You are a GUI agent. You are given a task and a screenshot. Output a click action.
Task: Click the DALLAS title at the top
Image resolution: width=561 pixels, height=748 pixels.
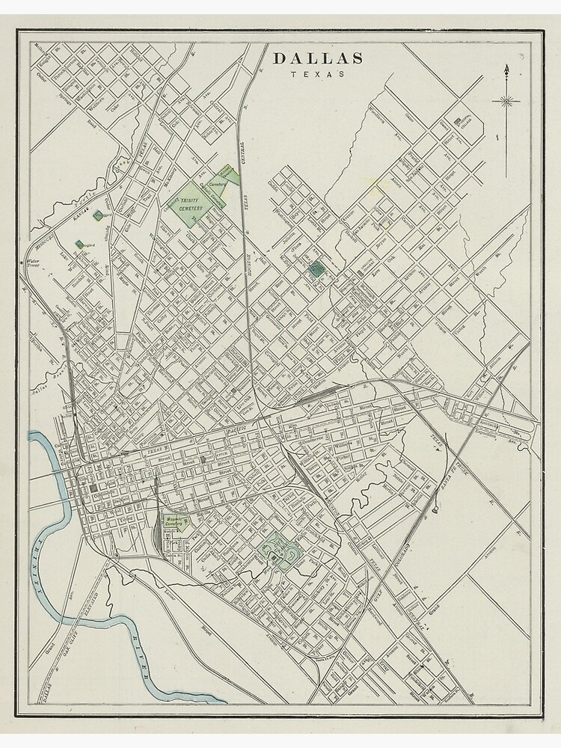tap(318, 58)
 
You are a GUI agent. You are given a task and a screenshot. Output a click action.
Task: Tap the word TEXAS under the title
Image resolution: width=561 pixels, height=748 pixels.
tap(318, 74)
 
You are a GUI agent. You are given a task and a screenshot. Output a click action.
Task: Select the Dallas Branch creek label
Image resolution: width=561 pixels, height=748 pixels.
tap(46, 387)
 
